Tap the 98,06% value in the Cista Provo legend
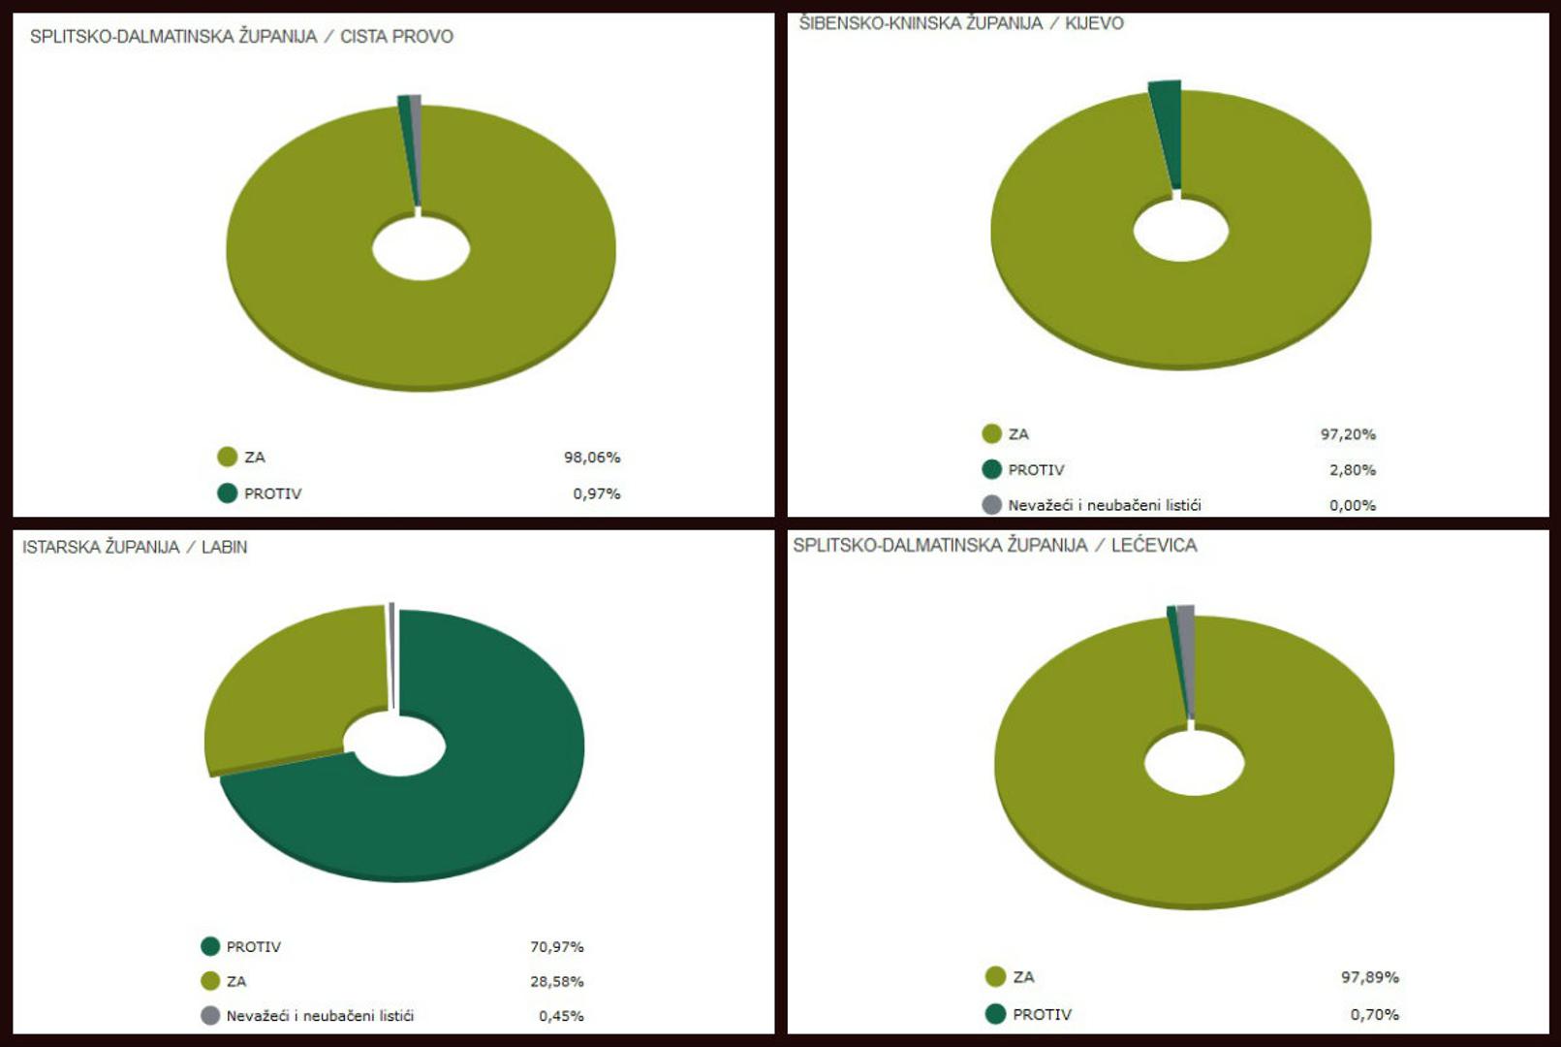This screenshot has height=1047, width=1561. (x=592, y=457)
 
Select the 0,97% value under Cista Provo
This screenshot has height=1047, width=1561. (x=596, y=493)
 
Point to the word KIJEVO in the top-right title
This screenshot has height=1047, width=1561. (x=1094, y=23)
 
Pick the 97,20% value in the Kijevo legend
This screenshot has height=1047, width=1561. (x=1348, y=434)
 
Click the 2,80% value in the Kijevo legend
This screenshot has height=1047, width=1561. (x=1352, y=470)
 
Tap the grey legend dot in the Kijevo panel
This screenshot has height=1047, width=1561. (x=991, y=505)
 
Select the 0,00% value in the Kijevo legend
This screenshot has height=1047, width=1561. (x=1352, y=505)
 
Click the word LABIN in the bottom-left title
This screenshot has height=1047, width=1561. (x=224, y=547)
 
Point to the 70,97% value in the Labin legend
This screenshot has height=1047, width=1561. (x=556, y=946)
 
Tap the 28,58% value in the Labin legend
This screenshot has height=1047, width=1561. (x=556, y=981)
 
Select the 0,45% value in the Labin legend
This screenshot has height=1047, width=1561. (x=561, y=1016)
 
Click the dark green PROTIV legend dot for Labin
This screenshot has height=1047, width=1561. (x=210, y=946)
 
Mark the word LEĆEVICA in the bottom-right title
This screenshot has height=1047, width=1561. (x=1153, y=545)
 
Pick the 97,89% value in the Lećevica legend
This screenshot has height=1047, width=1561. (x=1369, y=977)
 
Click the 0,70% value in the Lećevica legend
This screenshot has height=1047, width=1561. (x=1374, y=1014)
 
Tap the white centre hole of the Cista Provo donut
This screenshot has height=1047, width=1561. (x=421, y=248)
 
